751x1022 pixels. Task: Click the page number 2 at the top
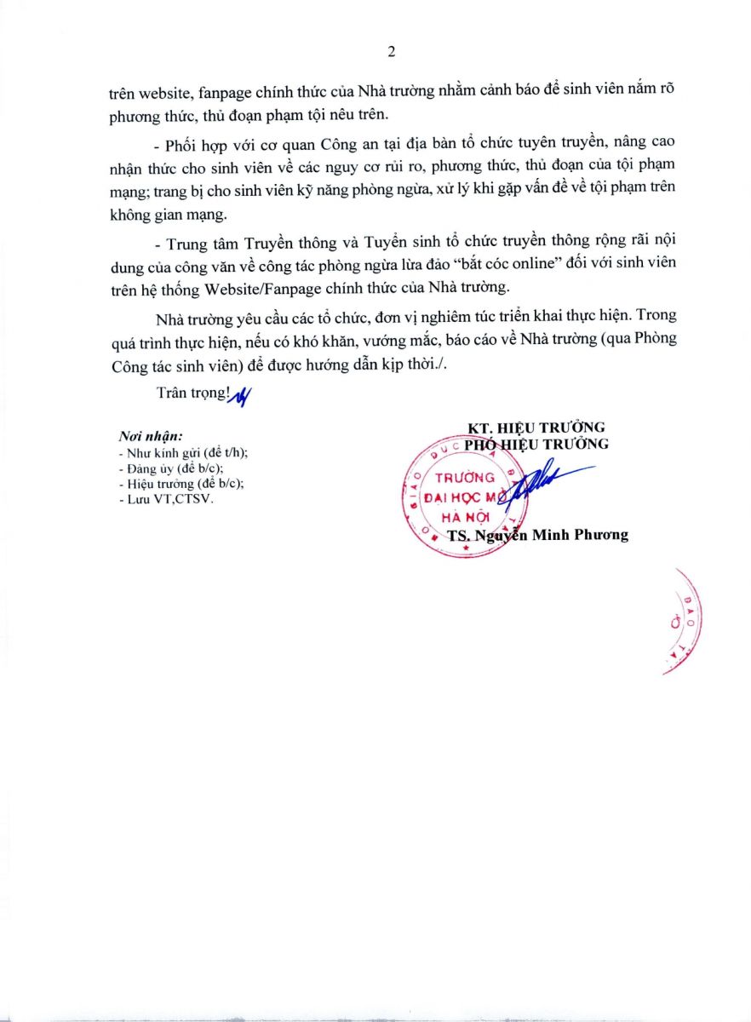pyautogui.click(x=391, y=52)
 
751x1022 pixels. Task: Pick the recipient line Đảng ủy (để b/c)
pyautogui.click(x=170, y=468)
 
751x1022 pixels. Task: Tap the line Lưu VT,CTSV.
pyautogui.click(x=166, y=499)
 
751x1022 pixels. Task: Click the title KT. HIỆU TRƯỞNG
pyautogui.click(x=536, y=428)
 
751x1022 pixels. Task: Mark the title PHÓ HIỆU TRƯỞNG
pyautogui.click(x=536, y=444)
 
